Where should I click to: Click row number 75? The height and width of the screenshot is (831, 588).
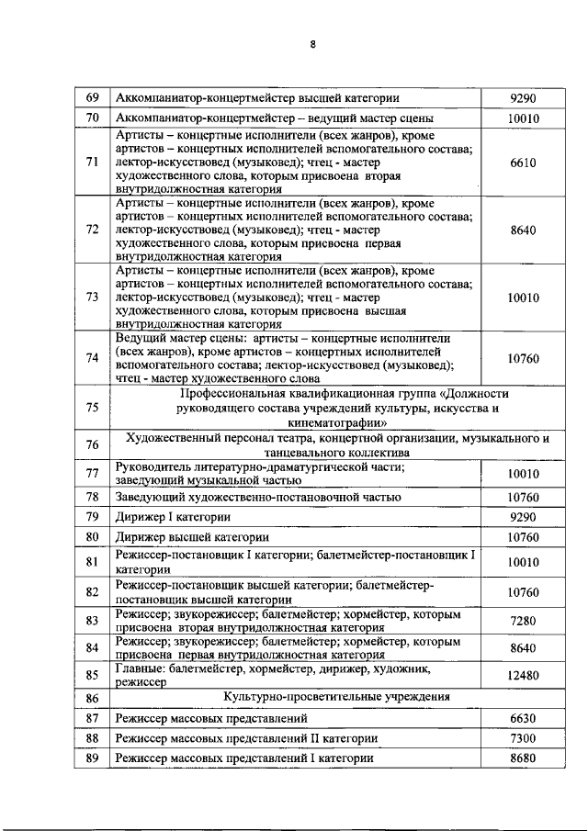(92, 408)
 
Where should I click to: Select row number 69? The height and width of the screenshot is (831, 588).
(92, 97)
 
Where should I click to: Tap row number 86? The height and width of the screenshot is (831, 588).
(92, 698)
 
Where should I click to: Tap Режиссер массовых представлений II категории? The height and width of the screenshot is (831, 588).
(246, 738)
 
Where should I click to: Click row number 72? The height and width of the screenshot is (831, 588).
(92, 230)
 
